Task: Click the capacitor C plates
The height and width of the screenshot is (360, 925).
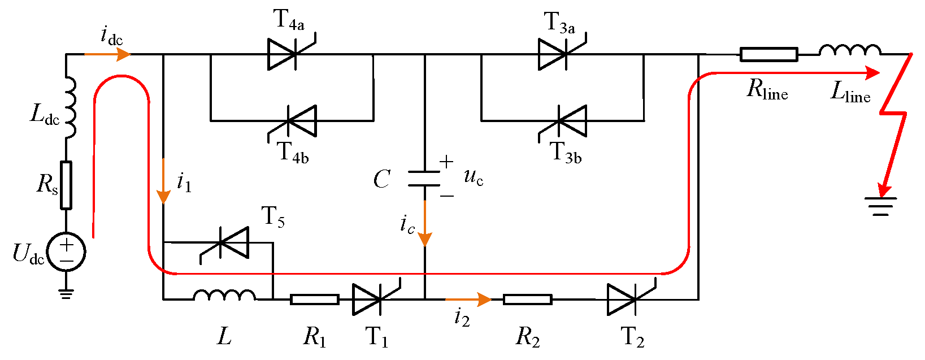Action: click(424, 179)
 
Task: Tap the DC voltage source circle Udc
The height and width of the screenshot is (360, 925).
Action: click(66, 252)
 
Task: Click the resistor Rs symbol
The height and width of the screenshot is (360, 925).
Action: click(66, 185)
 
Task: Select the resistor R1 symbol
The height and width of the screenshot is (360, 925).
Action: click(315, 300)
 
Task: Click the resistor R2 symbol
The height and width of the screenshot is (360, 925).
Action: click(527, 300)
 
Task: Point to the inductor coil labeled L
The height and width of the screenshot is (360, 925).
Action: click(225, 295)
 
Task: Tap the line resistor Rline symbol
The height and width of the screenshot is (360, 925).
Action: click(769, 54)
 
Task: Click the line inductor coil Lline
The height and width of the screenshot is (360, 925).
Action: click(850, 50)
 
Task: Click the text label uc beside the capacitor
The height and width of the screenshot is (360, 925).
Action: click(474, 177)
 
